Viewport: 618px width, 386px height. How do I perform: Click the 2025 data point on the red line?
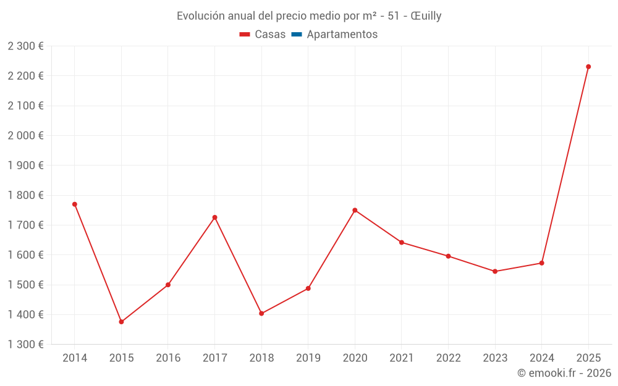pos(588,67)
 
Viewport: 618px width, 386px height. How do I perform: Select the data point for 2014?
pos(75,204)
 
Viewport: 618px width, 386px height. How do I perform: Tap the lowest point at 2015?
pos(121,322)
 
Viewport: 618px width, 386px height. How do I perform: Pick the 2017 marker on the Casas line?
pos(214,217)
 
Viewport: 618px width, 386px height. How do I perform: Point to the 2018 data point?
pos(261,314)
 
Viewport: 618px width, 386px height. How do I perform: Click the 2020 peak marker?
pos(355,210)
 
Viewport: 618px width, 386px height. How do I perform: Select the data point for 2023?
pos(495,271)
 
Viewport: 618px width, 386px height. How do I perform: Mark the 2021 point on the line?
pos(402,242)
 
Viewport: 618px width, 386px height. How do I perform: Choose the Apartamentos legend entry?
pos(342,35)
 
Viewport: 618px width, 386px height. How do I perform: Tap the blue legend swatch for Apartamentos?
pos(296,35)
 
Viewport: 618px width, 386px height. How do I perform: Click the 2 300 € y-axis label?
pos(25,46)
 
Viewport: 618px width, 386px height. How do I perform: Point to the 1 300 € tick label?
pos(25,345)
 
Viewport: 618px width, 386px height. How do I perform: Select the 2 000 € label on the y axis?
pos(25,136)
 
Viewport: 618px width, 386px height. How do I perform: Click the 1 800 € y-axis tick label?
pos(25,195)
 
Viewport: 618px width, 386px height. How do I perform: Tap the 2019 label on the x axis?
pos(308,358)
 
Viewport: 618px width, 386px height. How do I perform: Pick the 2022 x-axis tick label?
pos(448,358)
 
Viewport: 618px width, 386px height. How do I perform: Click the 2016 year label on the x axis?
pos(168,358)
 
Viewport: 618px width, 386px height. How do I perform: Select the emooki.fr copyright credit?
pos(564,373)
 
